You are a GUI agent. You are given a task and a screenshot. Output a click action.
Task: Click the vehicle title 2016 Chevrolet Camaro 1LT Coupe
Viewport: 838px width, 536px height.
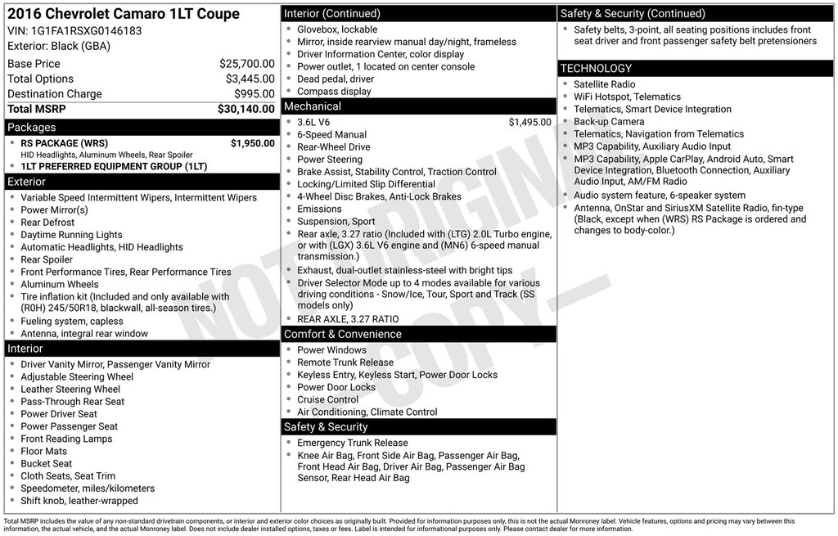(124, 14)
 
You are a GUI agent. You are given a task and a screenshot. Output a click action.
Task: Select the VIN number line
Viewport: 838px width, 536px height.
(74, 31)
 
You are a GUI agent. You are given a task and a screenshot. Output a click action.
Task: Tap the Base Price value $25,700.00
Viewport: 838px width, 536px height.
(246, 64)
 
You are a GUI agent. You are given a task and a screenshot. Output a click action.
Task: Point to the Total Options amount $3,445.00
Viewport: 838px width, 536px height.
(250, 79)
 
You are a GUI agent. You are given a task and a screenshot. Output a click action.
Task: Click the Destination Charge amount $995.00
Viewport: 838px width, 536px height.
(254, 94)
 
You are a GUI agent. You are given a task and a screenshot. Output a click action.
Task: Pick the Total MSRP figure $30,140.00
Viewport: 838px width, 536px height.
(246, 109)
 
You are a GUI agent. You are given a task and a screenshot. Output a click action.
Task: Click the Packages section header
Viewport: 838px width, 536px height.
(32, 128)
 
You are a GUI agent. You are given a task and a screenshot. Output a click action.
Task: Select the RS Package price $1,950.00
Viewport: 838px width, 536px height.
(252, 143)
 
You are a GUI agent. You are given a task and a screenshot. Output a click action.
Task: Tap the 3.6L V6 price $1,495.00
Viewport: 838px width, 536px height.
(529, 122)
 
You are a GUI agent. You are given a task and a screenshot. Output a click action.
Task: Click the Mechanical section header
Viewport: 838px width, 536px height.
(313, 106)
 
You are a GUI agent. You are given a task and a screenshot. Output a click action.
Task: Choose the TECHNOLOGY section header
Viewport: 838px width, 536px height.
(597, 69)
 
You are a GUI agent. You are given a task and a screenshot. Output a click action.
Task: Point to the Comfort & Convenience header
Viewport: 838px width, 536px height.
(343, 334)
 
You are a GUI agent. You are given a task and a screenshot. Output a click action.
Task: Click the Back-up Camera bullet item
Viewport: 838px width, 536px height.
(609, 121)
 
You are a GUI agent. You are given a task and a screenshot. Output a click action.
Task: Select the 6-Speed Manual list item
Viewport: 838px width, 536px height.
(331, 134)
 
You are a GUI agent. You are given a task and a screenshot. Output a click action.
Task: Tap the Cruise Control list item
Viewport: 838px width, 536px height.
(327, 399)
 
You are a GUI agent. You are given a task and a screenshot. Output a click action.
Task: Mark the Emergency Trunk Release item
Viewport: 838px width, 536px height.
(352, 443)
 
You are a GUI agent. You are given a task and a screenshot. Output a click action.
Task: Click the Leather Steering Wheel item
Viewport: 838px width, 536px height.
(70, 390)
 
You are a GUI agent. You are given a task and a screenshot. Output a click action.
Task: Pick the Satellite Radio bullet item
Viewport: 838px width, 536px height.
(604, 84)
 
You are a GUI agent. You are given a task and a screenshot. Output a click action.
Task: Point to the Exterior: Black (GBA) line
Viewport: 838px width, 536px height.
(58, 47)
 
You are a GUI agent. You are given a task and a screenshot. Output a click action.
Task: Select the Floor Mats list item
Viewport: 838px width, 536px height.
(43, 451)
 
